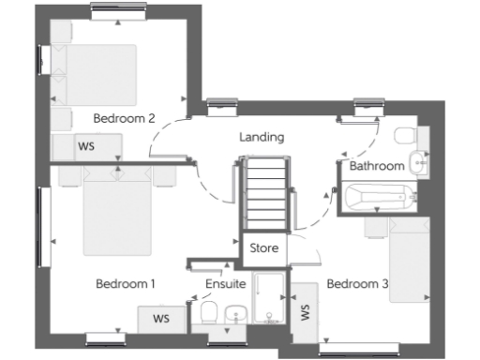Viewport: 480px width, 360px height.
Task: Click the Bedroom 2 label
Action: tap(124, 118)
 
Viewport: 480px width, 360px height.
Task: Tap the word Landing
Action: tap(262, 137)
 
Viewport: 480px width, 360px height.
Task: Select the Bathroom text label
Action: tap(377, 166)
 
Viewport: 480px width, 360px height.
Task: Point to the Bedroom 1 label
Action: tap(126, 283)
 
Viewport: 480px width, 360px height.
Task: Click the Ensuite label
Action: tap(225, 283)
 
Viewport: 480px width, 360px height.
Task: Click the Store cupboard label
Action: tap(263, 249)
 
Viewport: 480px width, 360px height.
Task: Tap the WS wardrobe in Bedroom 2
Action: tap(86, 146)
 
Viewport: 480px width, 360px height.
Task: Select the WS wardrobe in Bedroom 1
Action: tap(161, 318)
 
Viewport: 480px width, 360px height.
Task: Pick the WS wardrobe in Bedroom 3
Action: tap(304, 312)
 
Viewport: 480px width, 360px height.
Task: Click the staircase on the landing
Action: tap(263, 193)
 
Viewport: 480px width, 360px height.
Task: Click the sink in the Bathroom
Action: tap(419, 163)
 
